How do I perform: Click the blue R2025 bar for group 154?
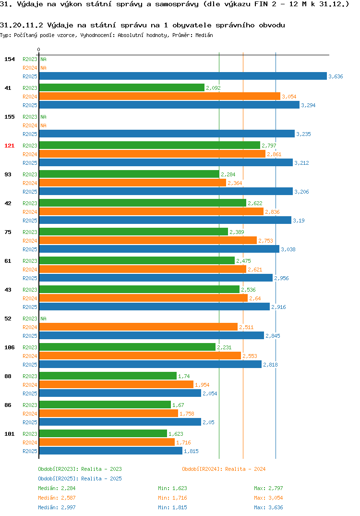[183, 76]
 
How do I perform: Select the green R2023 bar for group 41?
[121, 87]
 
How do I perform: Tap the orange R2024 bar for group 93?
[132, 183]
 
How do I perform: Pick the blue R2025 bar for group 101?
[111, 451]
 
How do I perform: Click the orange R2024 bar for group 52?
[138, 327]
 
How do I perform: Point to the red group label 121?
[10, 146]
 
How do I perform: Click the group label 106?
[10, 347]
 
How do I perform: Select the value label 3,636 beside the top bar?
[336, 76]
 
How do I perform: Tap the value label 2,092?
[214, 88]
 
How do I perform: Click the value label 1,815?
[191, 451]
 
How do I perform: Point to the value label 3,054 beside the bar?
[289, 97]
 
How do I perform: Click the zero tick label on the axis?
[39, 49]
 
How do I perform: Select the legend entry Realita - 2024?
[224, 469]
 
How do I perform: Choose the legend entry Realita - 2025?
[80, 479]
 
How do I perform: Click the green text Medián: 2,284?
[57, 488]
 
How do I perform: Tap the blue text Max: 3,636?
[268, 507]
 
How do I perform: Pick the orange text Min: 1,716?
[172, 498]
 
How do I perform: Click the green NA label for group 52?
[43, 319]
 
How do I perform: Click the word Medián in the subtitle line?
[204, 35]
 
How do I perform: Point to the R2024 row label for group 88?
[30, 385]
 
